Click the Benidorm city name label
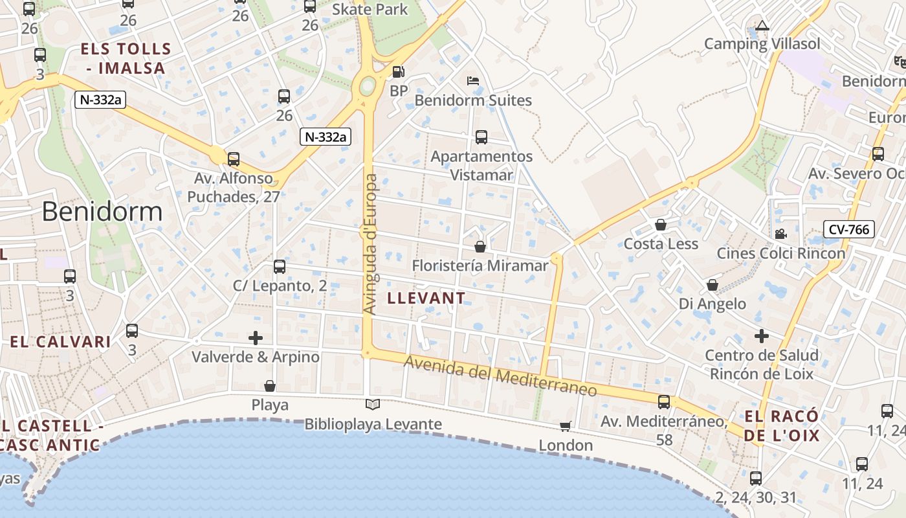tap(102, 212)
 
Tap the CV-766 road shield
tap(849, 229)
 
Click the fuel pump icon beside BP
tap(399, 72)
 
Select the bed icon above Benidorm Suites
tap(473, 81)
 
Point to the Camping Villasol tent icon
tap(762, 26)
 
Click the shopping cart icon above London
tap(566, 426)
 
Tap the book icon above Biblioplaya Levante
tap(373, 405)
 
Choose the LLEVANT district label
tap(426, 298)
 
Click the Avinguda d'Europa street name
tap(370, 244)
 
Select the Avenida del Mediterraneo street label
tap(500, 375)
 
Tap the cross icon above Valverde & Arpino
tap(256, 337)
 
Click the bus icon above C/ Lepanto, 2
tap(280, 266)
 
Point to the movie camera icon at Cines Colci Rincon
tap(780, 234)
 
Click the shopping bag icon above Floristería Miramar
tap(480, 246)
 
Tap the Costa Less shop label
tap(661, 244)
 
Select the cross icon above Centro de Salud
tap(762, 336)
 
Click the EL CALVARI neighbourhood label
tap(60, 342)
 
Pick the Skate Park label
tap(370, 9)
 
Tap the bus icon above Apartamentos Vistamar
tap(481, 137)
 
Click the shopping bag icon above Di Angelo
tap(713, 285)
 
